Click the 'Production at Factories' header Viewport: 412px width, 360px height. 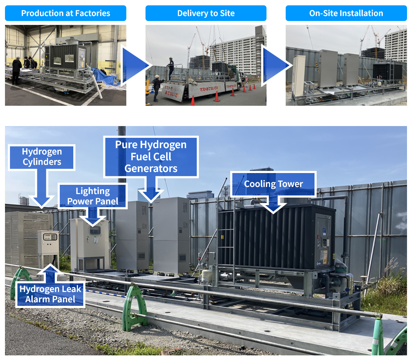point(65,14)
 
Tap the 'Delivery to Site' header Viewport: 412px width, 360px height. point(206,14)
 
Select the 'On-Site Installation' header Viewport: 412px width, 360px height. point(346,14)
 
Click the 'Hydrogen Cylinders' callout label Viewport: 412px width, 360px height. point(42,157)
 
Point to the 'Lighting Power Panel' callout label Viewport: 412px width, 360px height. point(93,196)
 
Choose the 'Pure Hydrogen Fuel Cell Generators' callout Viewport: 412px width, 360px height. point(151,157)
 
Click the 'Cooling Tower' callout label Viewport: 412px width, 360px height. point(273,184)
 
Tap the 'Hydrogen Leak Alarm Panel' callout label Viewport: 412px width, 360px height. point(51,294)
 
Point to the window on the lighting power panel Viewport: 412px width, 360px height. point(94,230)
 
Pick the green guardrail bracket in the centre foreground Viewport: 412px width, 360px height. point(134,306)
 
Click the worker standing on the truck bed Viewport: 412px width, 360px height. point(171,68)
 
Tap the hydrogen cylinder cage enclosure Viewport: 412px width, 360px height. point(21,239)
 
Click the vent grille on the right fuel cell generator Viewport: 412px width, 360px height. point(182,257)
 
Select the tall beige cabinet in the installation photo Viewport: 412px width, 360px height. point(298,75)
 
